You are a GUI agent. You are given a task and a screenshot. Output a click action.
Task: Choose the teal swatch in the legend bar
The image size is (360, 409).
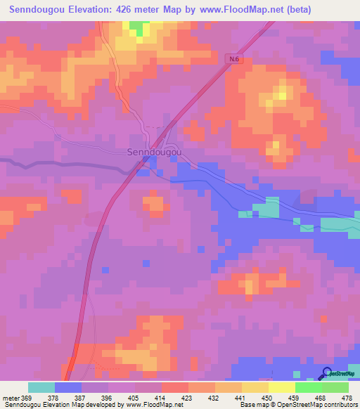(x=41, y=387)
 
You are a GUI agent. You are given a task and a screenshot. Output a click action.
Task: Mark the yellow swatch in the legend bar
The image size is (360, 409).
(x=281, y=387)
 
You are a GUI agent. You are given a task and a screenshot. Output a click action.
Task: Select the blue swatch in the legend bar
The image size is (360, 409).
(x=68, y=387)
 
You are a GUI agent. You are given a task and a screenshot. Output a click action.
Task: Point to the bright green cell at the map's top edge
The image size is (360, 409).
(x=139, y=28)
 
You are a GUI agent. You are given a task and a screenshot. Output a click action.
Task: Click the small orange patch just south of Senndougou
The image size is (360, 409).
(x=154, y=204)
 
